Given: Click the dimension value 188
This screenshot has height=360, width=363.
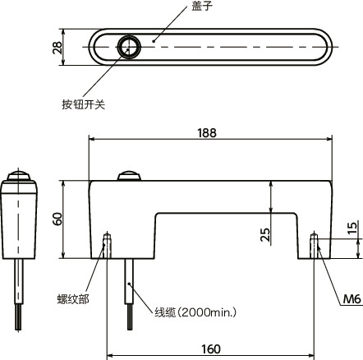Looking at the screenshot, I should pos(209,132).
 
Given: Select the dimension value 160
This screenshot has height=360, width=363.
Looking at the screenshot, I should pos(209,349).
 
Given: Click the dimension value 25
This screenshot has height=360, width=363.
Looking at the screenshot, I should pos(264,236).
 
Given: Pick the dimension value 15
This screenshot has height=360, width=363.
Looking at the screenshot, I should pos(352,228).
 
